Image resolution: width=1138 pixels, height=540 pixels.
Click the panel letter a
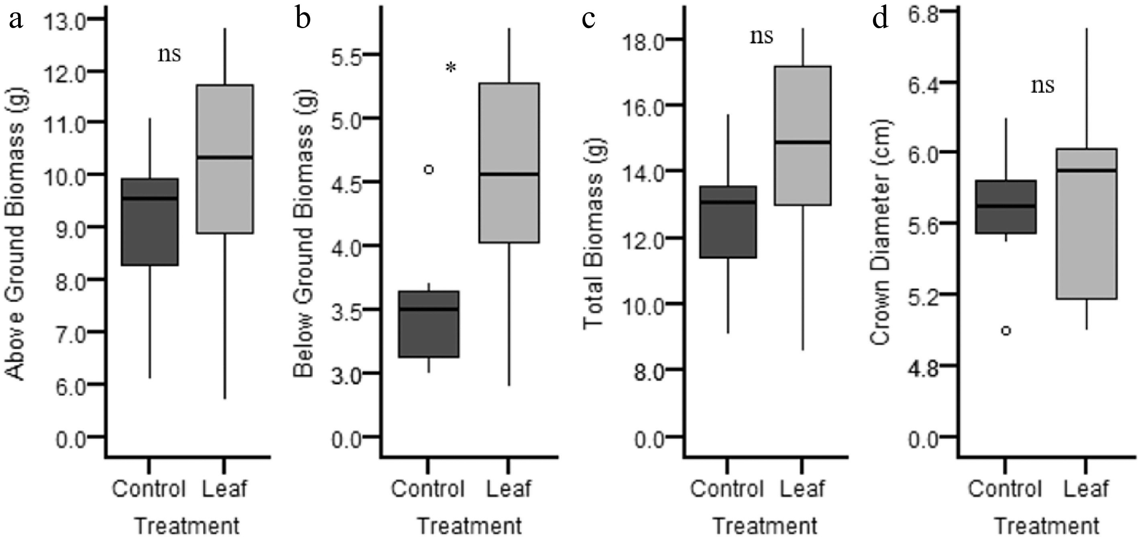tap(16, 19)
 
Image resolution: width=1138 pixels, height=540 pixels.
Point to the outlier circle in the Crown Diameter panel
tap(1006, 331)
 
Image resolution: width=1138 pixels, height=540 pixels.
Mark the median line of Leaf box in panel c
tap(802, 142)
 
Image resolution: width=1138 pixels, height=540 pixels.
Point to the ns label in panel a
tap(170, 54)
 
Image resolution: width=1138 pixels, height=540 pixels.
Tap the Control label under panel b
tap(428, 489)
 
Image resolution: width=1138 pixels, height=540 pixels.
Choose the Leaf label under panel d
tap(1086, 489)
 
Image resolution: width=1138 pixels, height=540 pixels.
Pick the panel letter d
tap(880, 19)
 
